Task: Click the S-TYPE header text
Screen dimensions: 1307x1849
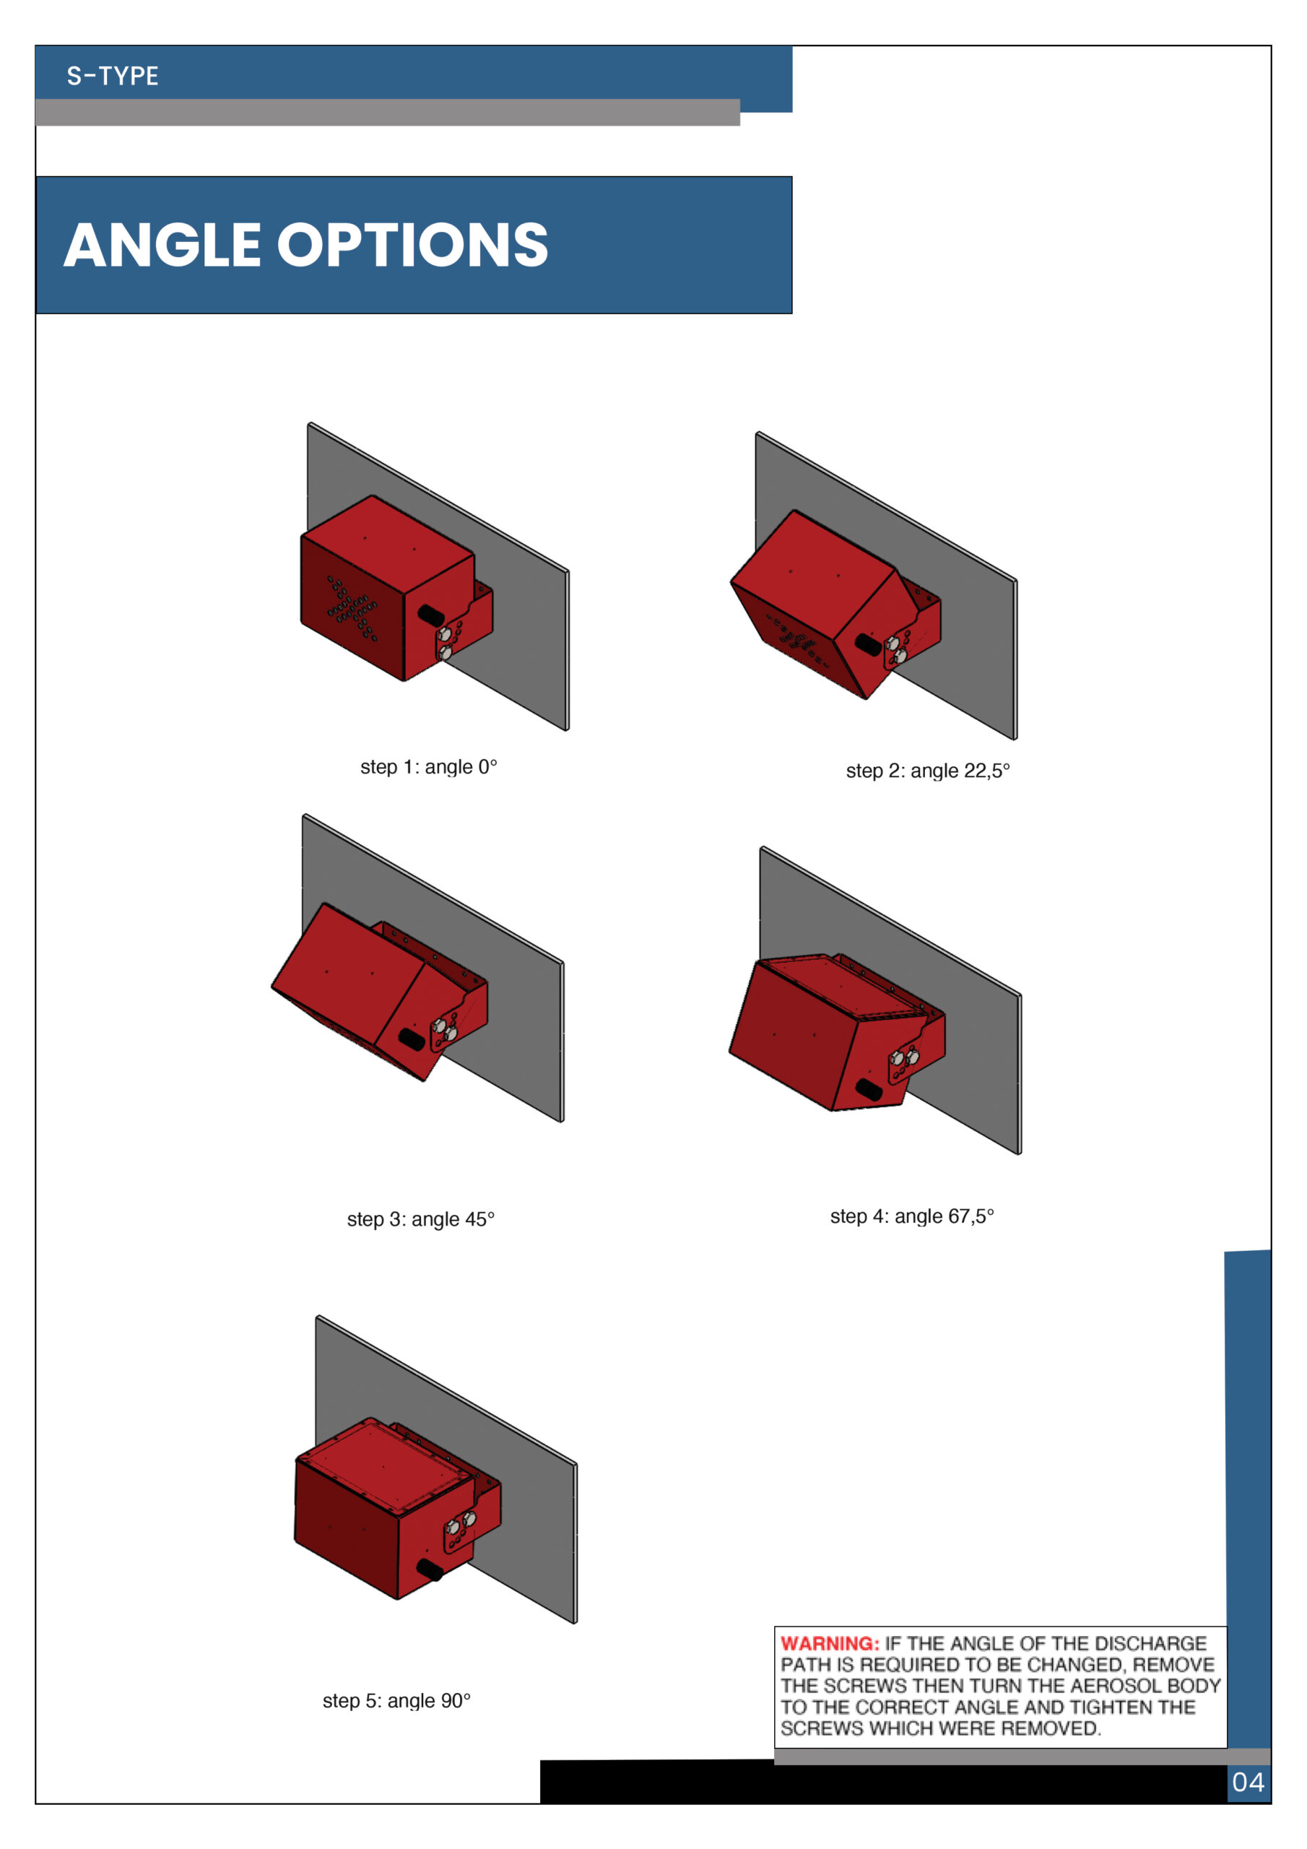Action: [113, 76]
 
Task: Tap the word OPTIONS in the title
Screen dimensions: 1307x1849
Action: [413, 245]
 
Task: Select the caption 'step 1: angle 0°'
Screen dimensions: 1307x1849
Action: [428, 766]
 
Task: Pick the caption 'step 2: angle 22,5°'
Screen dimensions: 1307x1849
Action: [928, 771]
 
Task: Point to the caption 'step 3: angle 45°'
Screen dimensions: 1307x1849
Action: [420, 1219]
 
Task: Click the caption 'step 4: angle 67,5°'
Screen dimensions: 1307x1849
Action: [911, 1216]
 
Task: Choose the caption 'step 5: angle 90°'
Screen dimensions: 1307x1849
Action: [396, 1701]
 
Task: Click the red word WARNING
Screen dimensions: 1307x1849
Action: [830, 1644]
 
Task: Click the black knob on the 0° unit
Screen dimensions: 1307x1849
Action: [431, 615]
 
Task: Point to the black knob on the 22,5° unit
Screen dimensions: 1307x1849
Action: [867, 644]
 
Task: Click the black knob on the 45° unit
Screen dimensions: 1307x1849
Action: [412, 1038]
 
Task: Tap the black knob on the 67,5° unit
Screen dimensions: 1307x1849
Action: [868, 1090]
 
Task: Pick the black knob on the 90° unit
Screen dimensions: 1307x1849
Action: [430, 1569]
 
